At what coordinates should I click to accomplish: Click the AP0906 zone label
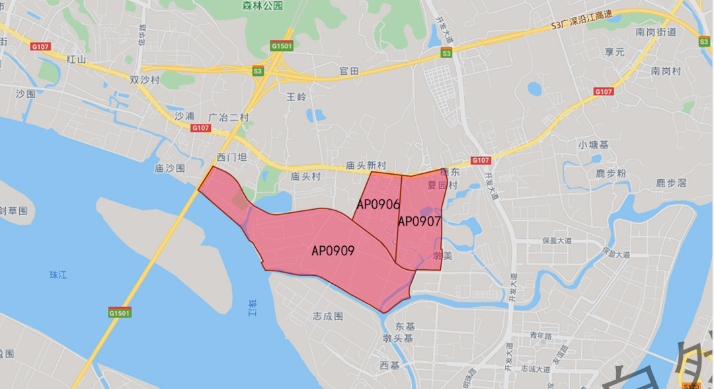point(378,204)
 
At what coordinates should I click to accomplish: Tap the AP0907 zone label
point(419,220)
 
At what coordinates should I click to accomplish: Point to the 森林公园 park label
point(262,5)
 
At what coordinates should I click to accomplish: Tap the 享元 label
point(614,52)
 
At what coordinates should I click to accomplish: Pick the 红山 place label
point(76,59)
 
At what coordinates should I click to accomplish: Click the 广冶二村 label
point(228,117)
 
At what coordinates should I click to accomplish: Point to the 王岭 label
point(297,97)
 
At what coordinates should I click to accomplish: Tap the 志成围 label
point(329,316)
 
